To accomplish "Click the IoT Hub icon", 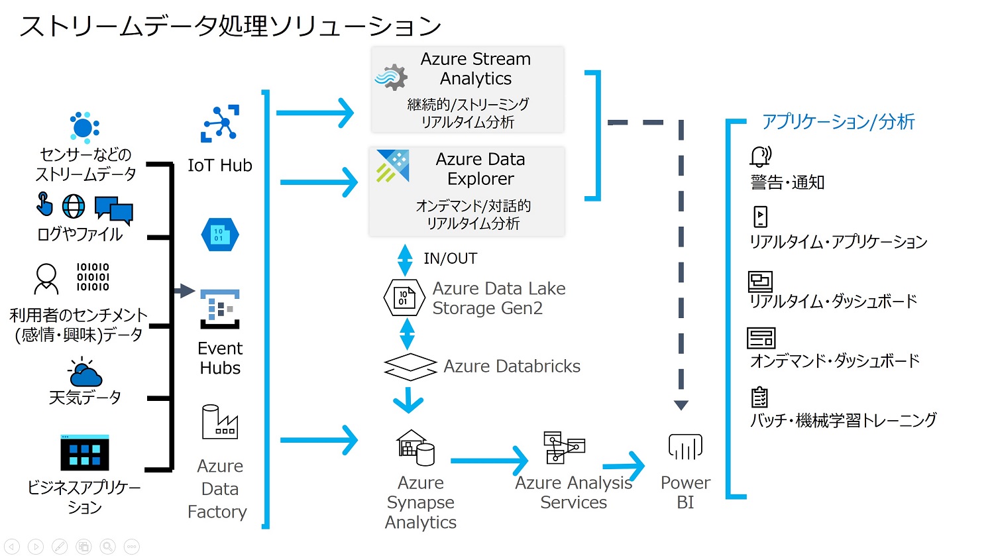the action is (x=220, y=124).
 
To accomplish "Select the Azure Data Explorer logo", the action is (x=393, y=166).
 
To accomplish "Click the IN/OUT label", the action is (x=451, y=258).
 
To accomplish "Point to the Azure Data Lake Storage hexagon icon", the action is (x=404, y=298).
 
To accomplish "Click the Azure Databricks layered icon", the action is (x=410, y=366).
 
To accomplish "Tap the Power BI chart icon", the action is (x=685, y=447).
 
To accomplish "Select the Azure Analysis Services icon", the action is (x=564, y=447).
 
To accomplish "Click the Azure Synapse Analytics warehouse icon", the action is (x=415, y=447).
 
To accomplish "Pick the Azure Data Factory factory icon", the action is (x=219, y=421).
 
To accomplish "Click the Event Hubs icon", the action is (x=220, y=309).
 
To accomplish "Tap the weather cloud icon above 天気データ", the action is (x=85, y=372).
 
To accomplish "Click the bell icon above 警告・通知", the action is (x=761, y=156).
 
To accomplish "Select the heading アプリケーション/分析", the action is (x=838, y=121).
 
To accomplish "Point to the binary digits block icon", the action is (x=93, y=277).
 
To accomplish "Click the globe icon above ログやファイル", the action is (x=73, y=206).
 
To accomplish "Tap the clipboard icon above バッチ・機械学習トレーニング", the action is (x=759, y=397).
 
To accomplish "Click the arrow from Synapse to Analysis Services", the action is (x=489, y=461).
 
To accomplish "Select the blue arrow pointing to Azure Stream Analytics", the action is (x=315, y=113).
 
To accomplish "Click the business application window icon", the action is (x=85, y=453).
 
